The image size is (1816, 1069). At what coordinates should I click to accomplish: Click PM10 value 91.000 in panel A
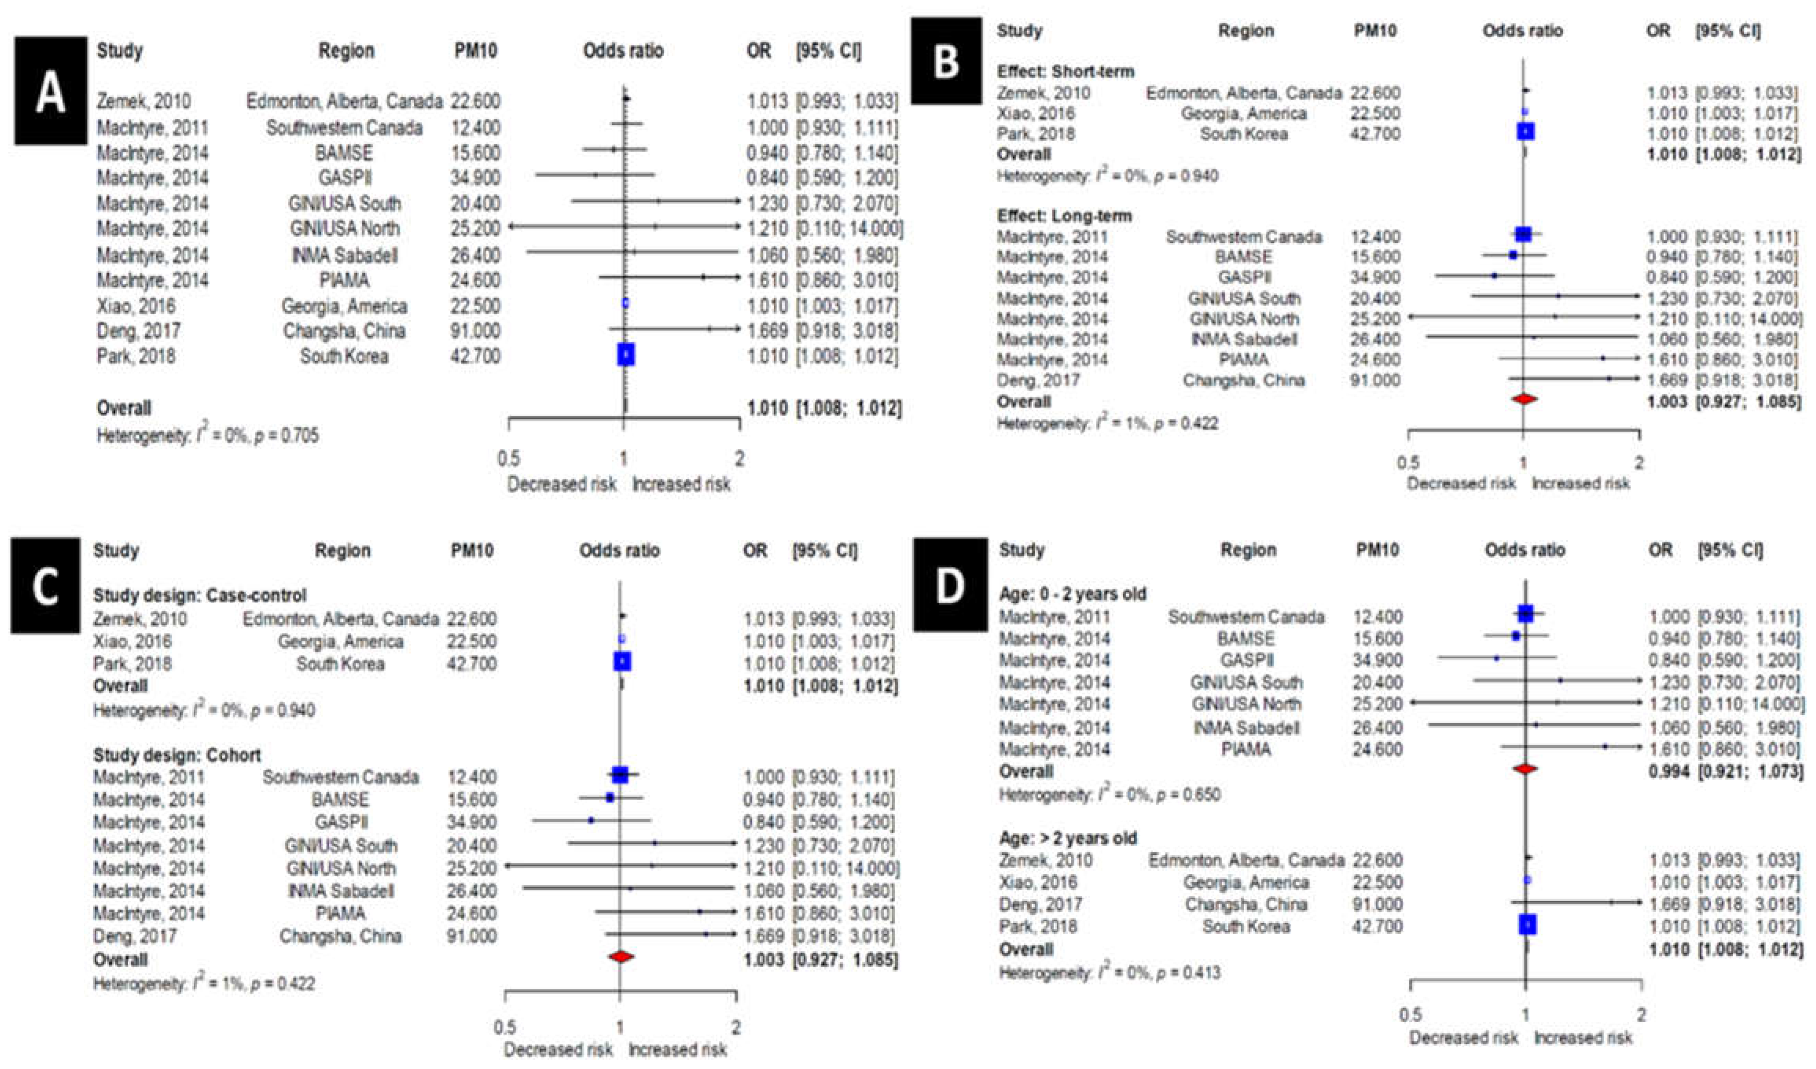476,331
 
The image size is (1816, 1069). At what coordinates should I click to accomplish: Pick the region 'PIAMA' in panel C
341,913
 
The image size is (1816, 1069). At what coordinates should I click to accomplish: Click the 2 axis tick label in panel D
1641,1015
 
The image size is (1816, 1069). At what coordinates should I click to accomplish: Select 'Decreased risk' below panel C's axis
558,1049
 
